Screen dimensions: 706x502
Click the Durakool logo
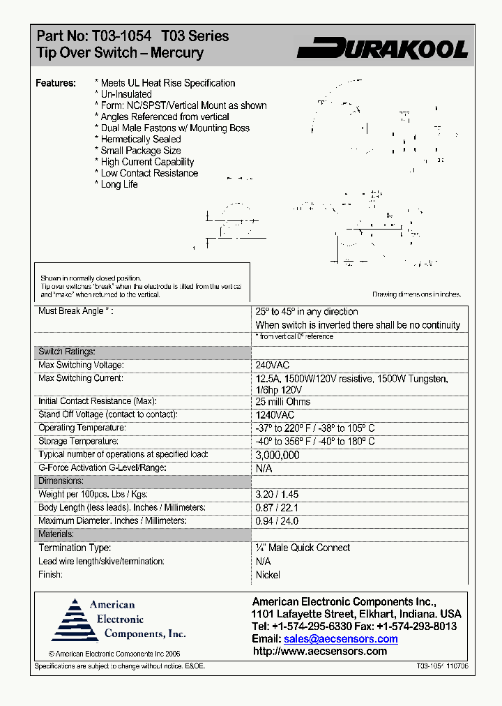click(382, 48)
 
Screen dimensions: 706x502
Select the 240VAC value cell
click(273, 366)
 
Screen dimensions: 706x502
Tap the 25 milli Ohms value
click(283, 402)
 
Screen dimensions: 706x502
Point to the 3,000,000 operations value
click(277, 456)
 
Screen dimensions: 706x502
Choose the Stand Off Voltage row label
click(108, 415)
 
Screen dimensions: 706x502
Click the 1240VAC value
click(275, 415)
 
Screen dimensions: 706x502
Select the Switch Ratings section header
click(67, 352)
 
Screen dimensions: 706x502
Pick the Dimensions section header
click(61, 481)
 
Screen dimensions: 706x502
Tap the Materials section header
click(56, 534)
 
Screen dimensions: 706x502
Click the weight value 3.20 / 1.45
click(277, 495)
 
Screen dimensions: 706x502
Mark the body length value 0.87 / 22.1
click(277, 508)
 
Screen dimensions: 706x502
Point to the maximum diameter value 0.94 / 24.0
click(277, 521)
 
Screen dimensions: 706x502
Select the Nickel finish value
click(268, 575)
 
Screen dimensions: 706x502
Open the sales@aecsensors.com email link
click(341, 639)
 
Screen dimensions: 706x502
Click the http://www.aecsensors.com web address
click(319, 652)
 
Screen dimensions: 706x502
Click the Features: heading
click(56, 83)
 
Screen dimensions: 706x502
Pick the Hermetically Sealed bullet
click(140, 140)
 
